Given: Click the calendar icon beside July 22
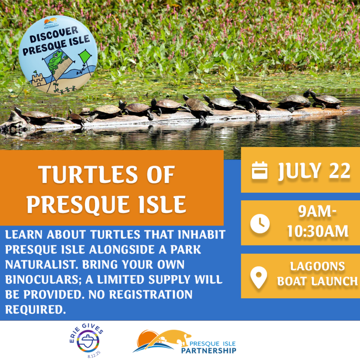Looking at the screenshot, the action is [259, 170].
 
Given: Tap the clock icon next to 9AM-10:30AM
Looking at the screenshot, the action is [260, 224].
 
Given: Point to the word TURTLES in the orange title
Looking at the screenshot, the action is [88, 175].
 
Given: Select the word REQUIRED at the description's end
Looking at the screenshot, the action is [35, 310].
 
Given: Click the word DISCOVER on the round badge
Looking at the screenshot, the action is [54, 34].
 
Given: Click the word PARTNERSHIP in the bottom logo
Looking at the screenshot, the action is [209, 350].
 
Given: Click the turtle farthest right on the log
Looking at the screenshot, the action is [326, 99].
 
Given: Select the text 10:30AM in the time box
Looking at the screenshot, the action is [318, 231].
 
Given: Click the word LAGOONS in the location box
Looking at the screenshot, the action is [317, 266].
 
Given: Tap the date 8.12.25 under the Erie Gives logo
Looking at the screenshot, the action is [94, 354].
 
